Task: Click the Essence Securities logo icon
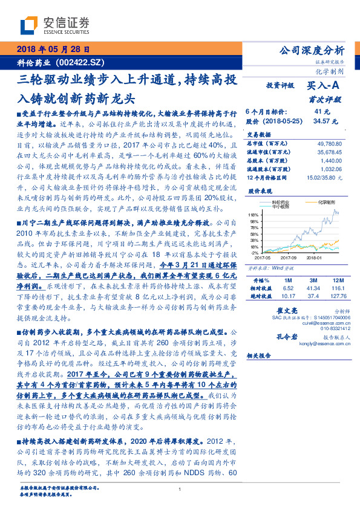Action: [x=30, y=25]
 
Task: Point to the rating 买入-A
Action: [x=324, y=86]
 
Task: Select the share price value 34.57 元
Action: [x=322, y=122]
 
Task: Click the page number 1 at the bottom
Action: [x=180, y=489]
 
